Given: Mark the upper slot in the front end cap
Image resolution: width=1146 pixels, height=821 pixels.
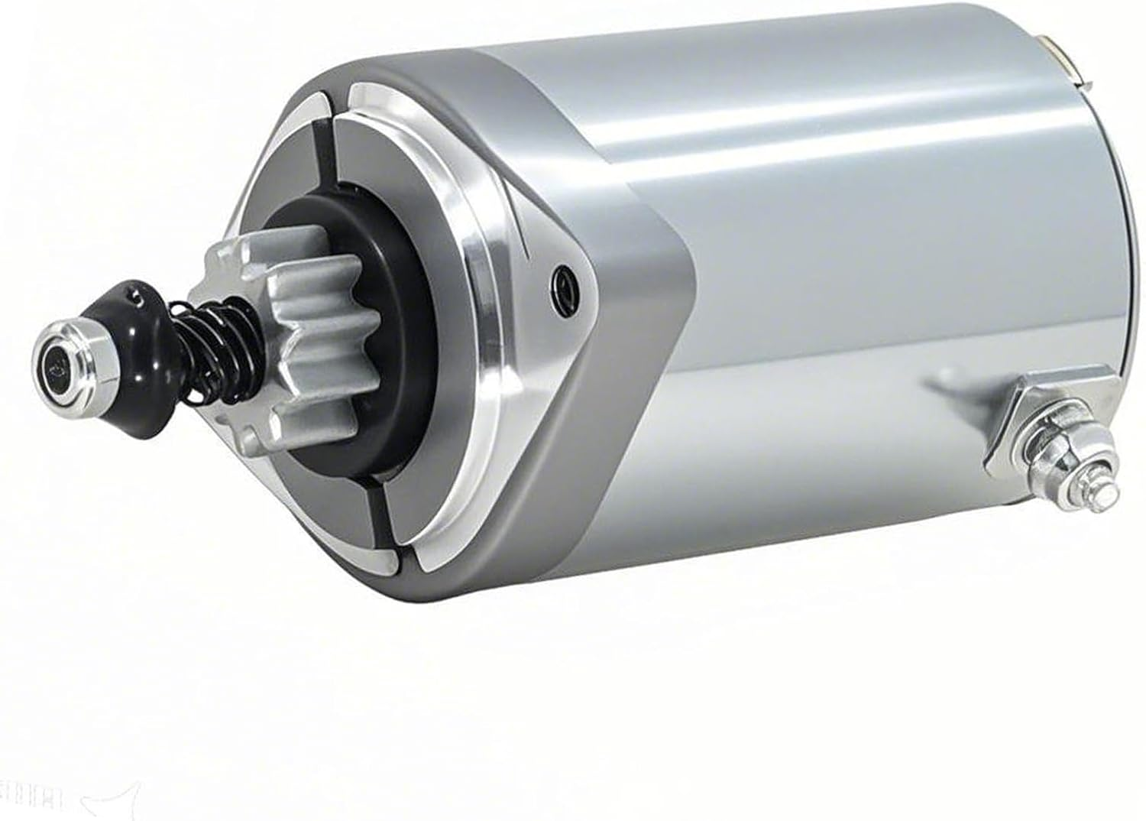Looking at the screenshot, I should tap(330, 145).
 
